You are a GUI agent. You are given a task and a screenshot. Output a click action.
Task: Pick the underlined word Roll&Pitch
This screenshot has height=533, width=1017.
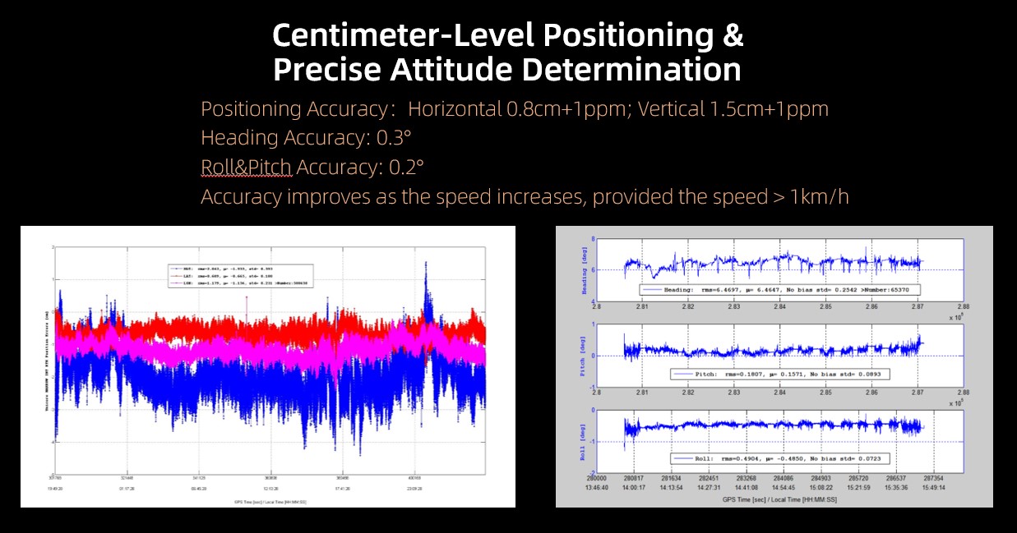pyautogui.click(x=246, y=168)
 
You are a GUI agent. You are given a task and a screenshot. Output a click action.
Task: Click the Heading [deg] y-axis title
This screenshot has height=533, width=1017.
pyautogui.click(x=585, y=271)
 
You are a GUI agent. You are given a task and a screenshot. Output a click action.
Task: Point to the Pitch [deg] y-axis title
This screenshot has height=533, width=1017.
pyautogui.click(x=585, y=355)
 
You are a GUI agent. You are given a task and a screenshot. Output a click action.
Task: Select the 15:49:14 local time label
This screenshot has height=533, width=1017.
pyautogui.click(x=932, y=487)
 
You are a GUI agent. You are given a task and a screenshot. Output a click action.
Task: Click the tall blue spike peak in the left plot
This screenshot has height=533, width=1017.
pyautogui.click(x=426, y=264)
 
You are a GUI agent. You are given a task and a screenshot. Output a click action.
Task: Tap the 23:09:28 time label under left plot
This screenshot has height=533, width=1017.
pyautogui.click(x=414, y=487)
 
